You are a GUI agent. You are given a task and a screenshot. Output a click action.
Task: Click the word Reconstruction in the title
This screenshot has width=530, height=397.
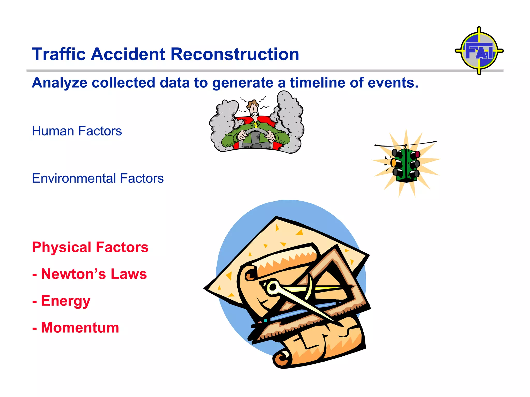click(234, 54)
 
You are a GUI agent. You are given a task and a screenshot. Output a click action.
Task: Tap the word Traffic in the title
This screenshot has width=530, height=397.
click(59, 54)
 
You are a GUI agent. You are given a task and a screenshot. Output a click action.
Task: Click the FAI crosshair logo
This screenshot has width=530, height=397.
click(479, 51)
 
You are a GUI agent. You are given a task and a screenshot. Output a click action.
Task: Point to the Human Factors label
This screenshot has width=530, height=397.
click(77, 131)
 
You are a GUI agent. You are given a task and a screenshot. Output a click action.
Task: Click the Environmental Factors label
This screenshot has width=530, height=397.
click(98, 178)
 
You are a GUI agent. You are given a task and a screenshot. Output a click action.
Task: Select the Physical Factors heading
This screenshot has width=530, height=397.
click(90, 247)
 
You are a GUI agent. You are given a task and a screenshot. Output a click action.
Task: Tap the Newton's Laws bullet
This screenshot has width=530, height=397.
click(90, 274)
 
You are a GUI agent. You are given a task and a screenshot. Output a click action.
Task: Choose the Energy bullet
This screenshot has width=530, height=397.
click(62, 301)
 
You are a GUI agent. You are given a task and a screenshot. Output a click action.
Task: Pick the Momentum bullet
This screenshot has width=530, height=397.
click(76, 328)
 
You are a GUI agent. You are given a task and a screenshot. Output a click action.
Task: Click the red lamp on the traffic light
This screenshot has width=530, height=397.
click(417, 155)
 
